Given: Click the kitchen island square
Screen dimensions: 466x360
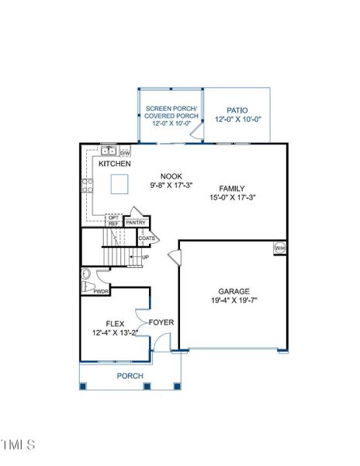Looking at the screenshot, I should click(119, 183).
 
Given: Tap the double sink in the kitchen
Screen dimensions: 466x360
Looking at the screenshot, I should click(109, 151).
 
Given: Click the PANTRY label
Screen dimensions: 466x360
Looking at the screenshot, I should click(137, 223).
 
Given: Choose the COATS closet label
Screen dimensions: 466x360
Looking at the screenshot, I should click(147, 238).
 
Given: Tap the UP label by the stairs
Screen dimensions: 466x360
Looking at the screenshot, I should click(145, 257).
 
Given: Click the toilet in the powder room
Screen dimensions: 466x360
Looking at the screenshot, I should click(88, 275).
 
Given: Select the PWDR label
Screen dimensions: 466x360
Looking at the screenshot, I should click(101, 290).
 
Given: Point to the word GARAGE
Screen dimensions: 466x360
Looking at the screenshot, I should click(233, 291).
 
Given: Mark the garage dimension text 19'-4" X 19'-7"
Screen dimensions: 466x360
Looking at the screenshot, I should click(233, 301).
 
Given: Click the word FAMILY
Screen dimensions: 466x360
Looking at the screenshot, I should click(232, 189).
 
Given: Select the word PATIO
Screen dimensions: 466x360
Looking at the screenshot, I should click(237, 111).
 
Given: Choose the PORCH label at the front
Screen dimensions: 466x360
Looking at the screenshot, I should click(130, 376).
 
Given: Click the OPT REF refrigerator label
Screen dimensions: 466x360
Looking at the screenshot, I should click(114, 221).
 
